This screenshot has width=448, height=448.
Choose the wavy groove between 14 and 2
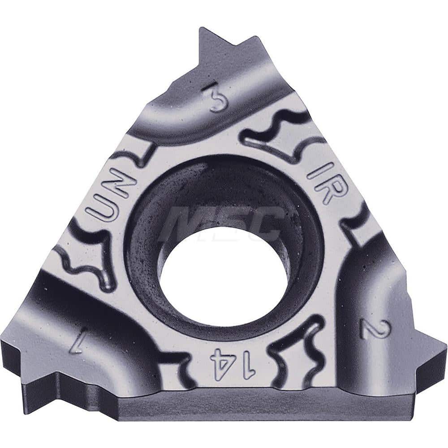[298, 354]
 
